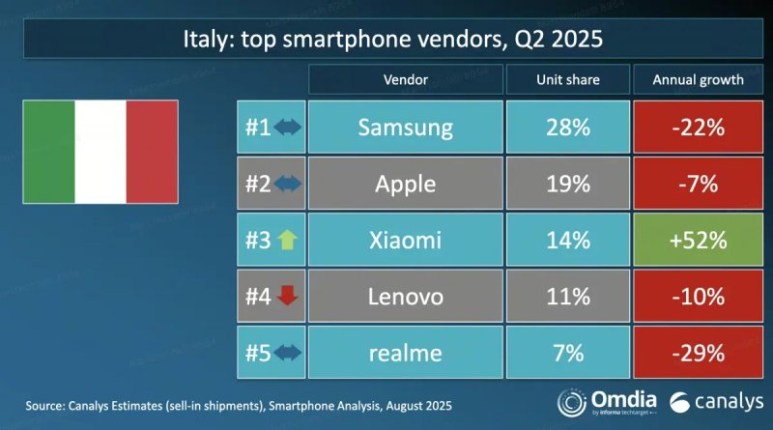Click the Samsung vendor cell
(x=405, y=127)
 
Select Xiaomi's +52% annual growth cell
(x=699, y=240)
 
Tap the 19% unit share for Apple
(x=566, y=184)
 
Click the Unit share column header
(x=566, y=79)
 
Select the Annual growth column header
(x=699, y=79)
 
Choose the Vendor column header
(x=405, y=79)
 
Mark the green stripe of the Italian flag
(x=49, y=153)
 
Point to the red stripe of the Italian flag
(x=152, y=153)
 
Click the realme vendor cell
(x=405, y=353)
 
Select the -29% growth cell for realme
(x=699, y=353)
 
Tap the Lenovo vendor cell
(x=405, y=297)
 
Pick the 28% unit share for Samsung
(x=566, y=127)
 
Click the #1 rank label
(x=257, y=128)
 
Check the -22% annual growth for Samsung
(x=699, y=127)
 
